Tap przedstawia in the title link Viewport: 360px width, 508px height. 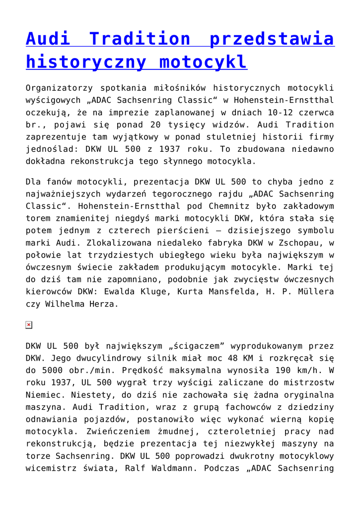(272, 39)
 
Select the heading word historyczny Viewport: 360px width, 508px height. (86, 62)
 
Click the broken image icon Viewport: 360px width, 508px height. (29, 325)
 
